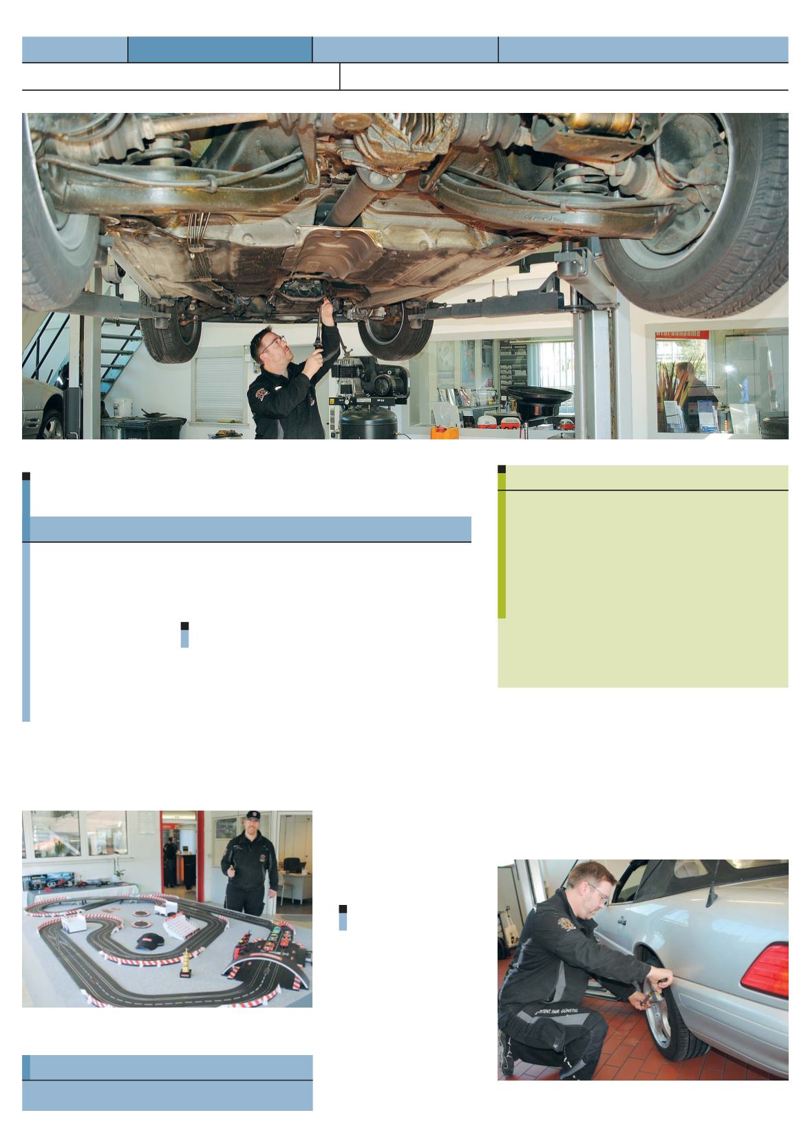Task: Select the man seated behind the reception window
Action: [688, 386]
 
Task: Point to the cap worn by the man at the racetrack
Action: [253, 815]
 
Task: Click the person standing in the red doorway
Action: [169, 857]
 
